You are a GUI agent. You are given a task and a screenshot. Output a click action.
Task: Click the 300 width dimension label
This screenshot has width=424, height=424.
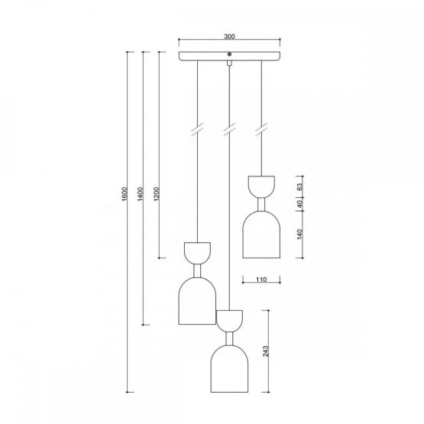[229, 34]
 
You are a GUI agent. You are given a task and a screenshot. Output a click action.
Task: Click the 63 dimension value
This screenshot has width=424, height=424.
[300, 185]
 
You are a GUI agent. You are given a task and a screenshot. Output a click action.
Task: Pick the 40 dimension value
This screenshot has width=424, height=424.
[300, 203]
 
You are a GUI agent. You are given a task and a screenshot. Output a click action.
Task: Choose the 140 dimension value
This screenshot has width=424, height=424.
[300, 235]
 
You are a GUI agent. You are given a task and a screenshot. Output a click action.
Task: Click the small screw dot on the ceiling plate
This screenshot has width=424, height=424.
[229, 53]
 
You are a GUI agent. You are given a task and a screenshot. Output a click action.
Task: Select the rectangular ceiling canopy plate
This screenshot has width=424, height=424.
[229, 57]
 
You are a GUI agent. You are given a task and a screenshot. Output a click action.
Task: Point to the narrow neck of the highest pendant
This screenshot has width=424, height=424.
[262, 202]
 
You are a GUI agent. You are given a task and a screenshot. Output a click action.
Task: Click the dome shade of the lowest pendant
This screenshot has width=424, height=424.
[229, 368]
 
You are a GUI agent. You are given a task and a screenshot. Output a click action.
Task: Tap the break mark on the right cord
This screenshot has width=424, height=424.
[262, 127]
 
